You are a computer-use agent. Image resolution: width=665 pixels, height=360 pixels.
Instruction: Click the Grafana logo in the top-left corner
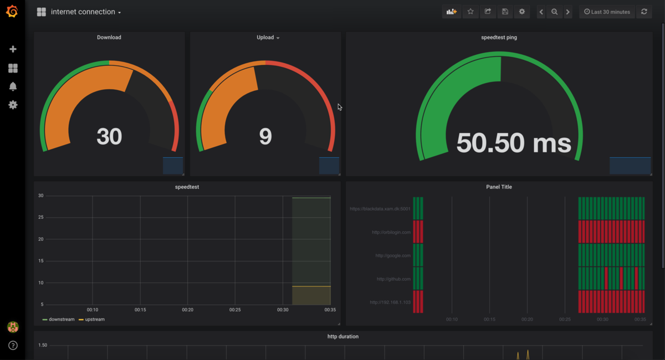pyautogui.click(x=12, y=12)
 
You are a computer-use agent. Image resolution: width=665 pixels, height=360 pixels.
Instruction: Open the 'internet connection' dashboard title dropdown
pyautogui.click(x=85, y=12)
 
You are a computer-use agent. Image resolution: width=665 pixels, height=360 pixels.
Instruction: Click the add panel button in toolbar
pyautogui.click(x=452, y=12)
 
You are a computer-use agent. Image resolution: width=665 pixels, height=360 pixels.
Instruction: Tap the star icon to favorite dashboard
pyautogui.click(x=470, y=12)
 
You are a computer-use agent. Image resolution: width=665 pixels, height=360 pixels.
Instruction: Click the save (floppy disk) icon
pyautogui.click(x=505, y=12)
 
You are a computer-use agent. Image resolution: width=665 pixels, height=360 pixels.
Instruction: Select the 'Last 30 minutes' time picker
pyautogui.click(x=607, y=12)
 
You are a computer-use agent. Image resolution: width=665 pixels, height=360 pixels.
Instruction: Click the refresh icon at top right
pyautogui.click(x=644, y=12)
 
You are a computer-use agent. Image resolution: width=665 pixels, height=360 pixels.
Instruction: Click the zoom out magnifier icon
pyautogui.click(x=554, y=12)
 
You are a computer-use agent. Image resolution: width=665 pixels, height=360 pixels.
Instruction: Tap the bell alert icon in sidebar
pyautogui.click(x=13, y=86)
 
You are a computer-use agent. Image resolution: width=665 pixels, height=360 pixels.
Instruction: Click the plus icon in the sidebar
pyautogui.click(x=13, y=49)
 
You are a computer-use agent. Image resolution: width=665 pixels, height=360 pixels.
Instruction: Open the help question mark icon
pyautogui.click(x=13, y=346)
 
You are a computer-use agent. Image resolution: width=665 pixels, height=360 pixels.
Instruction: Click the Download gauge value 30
pyautogui.click(x=109, y=136)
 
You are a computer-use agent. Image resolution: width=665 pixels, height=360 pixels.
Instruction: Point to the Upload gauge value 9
pyautogui.click(x=265, y=136)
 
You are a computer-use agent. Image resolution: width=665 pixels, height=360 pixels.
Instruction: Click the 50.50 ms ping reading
pyautogui.click(x=513, y=143)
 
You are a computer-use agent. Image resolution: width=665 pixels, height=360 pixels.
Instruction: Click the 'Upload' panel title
pyautogui.click(x=265, y=38)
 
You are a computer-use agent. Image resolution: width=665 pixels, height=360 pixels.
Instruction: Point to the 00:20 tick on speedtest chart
pyautogui.click(x=188, y=310)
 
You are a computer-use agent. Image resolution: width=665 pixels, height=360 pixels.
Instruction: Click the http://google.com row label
pyautogui.click(x=393, y=256)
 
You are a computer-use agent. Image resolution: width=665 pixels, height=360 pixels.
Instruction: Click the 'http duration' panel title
pyautogui.click(x=343, y=337)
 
